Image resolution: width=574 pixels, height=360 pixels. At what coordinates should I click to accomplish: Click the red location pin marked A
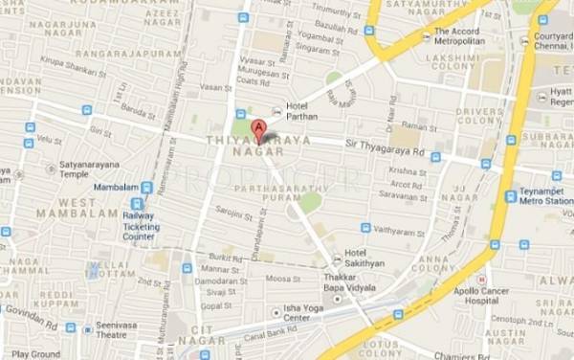pyautogui.click(x=257, y=130)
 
